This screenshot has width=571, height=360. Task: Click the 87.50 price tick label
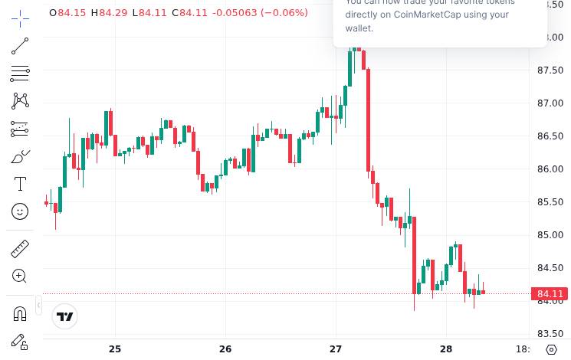550,70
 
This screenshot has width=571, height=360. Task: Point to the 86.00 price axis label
550,169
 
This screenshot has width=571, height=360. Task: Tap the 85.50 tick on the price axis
550,202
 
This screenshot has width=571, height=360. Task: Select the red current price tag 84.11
550,294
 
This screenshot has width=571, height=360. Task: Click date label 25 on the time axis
115,349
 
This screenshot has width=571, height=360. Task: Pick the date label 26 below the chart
225,349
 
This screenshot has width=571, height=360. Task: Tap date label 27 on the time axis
336,349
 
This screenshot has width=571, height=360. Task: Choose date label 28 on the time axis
446,349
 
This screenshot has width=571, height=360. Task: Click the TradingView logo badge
65,316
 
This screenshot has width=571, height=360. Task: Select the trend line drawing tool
20,47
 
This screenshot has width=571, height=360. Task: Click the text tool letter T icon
20,184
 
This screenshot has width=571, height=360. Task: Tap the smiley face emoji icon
20,211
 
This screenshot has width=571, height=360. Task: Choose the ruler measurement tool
20,249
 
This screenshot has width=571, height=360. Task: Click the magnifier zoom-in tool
20,277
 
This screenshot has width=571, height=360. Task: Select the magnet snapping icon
20,313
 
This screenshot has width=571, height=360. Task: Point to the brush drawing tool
20,157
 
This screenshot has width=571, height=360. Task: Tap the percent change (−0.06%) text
284,13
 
